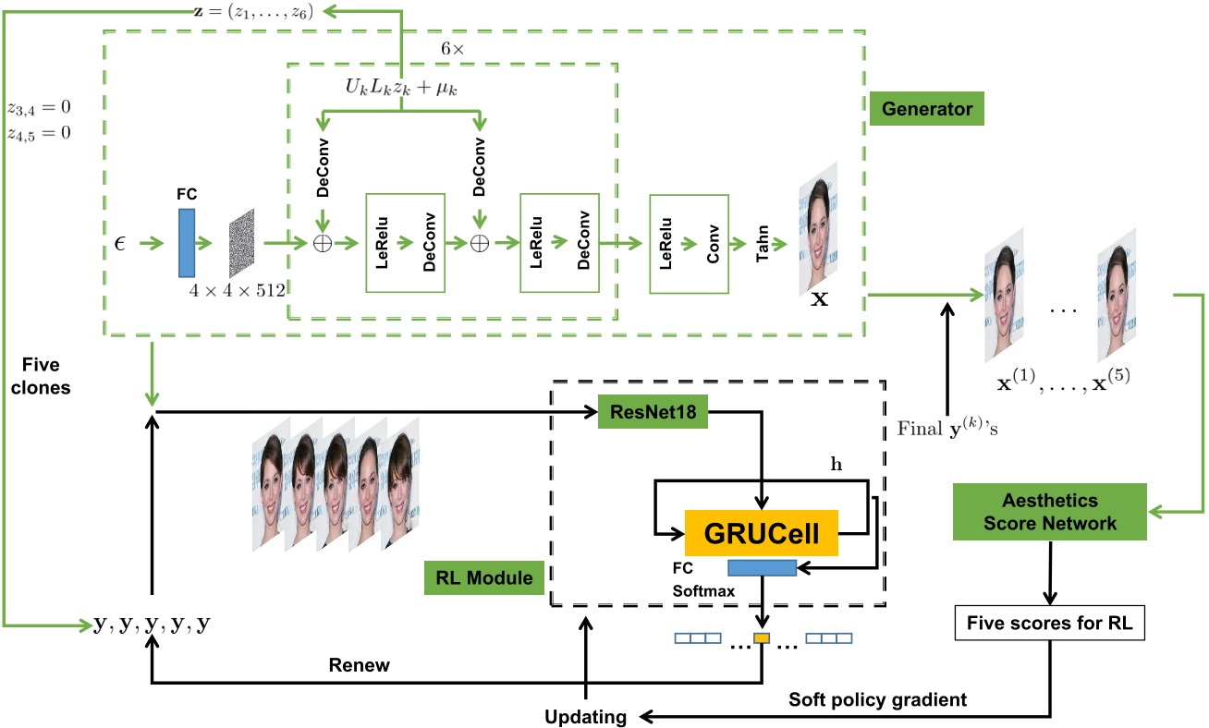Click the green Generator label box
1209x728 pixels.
[926, 108]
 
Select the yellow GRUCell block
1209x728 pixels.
[761, 533]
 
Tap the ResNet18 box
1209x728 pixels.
[653, 412]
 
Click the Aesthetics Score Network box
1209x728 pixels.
[1049, 512]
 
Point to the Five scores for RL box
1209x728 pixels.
[1049, 623]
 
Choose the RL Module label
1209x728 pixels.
[483, 577]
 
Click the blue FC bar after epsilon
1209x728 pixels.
[187, 243]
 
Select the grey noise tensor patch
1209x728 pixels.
[242, 243]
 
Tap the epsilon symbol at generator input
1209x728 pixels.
[120, 243]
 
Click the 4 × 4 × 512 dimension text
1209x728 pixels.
[237, 290]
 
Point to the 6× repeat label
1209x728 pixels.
[452, 49]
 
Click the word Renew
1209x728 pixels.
[359, 665]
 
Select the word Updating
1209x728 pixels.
[586, 717]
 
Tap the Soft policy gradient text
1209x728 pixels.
[877, 699]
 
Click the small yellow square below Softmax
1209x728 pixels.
[762, 638]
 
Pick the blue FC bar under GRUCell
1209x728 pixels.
[763, 568]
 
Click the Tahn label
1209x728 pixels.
[763, 243]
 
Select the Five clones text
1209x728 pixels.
[41, 376]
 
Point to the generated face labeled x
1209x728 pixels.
[818, 228]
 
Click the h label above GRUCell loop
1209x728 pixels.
[837, 464]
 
